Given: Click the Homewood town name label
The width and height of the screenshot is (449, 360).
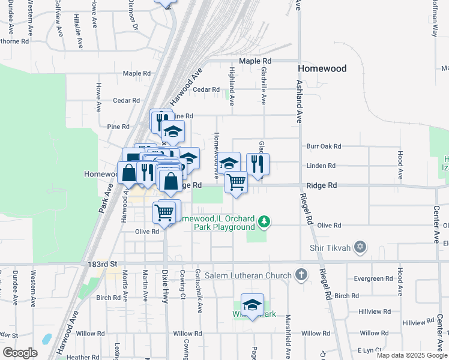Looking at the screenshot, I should pos(322,68).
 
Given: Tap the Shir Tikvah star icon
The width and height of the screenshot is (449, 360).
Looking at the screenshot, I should pos(360,247).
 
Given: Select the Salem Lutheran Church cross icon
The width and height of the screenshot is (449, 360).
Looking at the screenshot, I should pos(301,275).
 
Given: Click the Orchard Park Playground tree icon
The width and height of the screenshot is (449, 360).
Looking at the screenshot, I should pos(264,223).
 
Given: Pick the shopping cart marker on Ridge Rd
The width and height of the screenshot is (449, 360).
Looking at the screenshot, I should pos(237,181).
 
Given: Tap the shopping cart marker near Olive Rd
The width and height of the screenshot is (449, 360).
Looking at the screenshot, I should pos(164,212).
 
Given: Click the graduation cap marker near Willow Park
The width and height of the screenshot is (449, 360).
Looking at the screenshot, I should pos(253,304).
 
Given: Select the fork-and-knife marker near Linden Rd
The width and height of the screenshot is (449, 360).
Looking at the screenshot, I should pos(258,163).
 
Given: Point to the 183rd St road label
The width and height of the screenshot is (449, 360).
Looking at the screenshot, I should pos(96,264).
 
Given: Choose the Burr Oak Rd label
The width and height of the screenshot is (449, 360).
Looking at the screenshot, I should pos(324,146).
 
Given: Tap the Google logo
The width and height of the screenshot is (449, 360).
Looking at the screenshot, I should pos(20,352).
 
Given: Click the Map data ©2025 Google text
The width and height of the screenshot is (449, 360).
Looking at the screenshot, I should pos(412,355).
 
